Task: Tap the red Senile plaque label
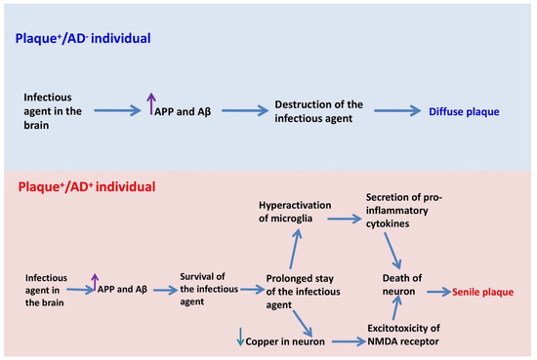click(x=484, y=292)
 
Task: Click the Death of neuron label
click(x=402, y=284)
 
